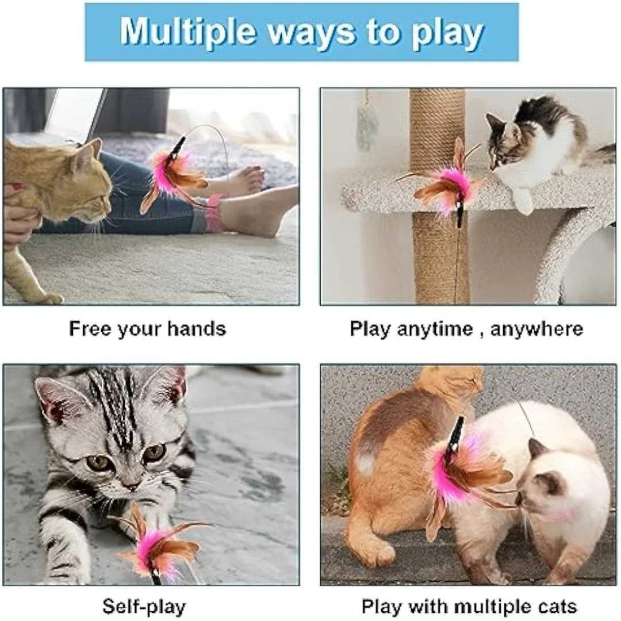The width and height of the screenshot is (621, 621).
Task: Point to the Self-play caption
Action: tap(144, 607)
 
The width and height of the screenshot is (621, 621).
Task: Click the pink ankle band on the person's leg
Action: tap(216, 213)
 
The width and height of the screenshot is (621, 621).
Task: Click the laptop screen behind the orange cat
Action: tap(75, 111)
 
